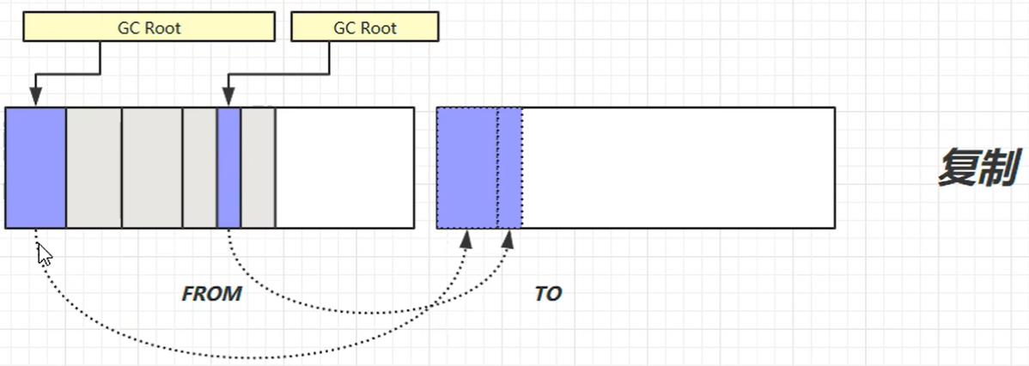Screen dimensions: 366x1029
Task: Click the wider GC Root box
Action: tap(149, 27)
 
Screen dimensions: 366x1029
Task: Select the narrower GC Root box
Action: tap(365, 27)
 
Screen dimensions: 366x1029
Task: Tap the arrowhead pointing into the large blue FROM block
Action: tap(35, 98)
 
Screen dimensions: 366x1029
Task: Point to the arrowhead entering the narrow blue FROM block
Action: tap(228, 98)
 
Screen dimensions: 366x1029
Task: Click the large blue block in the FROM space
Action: tap(35, 168)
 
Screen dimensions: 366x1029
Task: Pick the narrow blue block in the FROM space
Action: tap(228, 168)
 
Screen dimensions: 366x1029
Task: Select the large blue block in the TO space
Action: tap(466, 168)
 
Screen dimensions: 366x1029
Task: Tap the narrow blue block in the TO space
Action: tap(509, 168)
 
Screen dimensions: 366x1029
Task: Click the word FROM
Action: tap(211, 294)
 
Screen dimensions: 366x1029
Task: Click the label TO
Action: tap(548, 294)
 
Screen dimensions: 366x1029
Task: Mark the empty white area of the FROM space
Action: tap(344, 168)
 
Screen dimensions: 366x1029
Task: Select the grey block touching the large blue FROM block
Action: tap(94, 168)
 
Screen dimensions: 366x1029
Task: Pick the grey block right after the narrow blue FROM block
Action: tap(258, 168)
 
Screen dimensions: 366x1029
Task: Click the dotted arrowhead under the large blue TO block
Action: tap(466, 238)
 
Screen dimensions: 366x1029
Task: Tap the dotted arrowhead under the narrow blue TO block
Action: tap(509, 238)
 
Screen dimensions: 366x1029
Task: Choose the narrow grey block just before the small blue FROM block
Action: tap(199, 168)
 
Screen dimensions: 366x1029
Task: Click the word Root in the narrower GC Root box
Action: tap(378, 27)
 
